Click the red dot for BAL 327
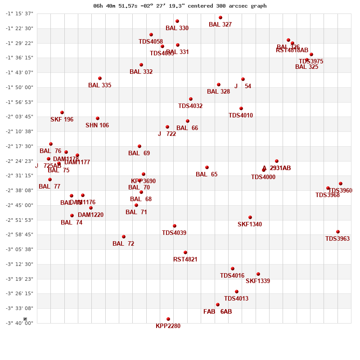(220, 18)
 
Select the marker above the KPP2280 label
(168, 319)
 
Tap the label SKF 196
(62, 120)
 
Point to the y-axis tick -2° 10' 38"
(19, 131)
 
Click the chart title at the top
(180, 6)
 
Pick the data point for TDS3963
(338, 232)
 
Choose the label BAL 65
(207, 175)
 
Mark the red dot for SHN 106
(98, 118)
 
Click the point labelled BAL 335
(100, 78)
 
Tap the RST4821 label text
(185, 260)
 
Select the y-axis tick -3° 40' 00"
(19, 323)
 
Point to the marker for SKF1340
(250, 217)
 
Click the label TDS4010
(241, 116)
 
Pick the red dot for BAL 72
(124, 237)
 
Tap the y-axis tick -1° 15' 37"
(19, 13)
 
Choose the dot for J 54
(243, 79)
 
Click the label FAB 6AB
(218, 312)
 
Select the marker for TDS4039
(175, 226)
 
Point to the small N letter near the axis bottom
(25, 319)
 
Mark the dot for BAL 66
(188, 121)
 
